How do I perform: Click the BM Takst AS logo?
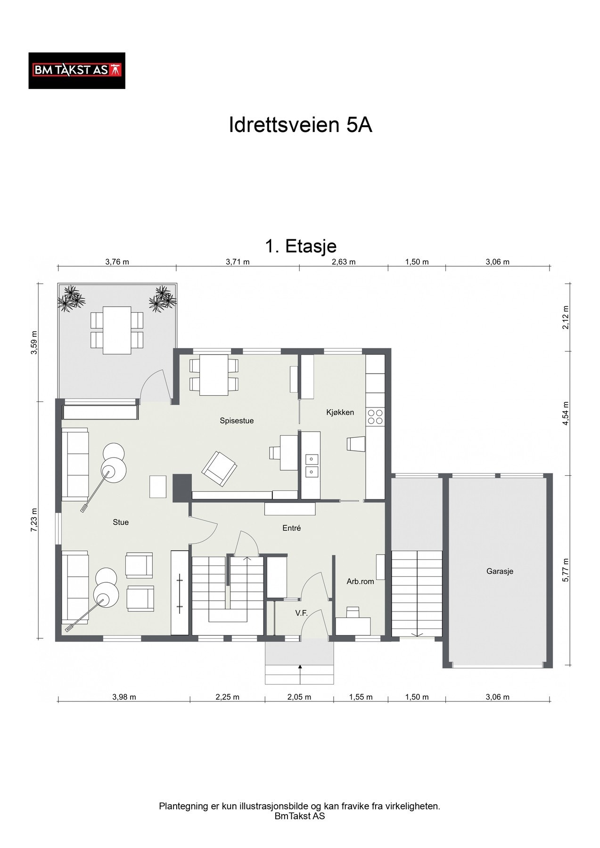[77, 71]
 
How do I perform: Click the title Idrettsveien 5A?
[300, 125]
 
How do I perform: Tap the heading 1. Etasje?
[301, 246]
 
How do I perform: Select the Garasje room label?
[500, 571]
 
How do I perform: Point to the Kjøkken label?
[340, 412]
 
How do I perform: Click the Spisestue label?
[237, 421]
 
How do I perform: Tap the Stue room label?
[121, 522]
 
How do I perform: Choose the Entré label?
[291, 528]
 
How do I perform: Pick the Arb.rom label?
[360, 581]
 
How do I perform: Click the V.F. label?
[301, 613]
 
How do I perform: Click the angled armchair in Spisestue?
[219, 468]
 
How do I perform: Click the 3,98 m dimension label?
[124, 697]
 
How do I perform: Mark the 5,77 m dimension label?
[566, 570]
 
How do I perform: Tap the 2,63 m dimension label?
[344, 262]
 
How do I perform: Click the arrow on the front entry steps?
[300, 674]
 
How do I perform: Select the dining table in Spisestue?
[214, 375]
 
